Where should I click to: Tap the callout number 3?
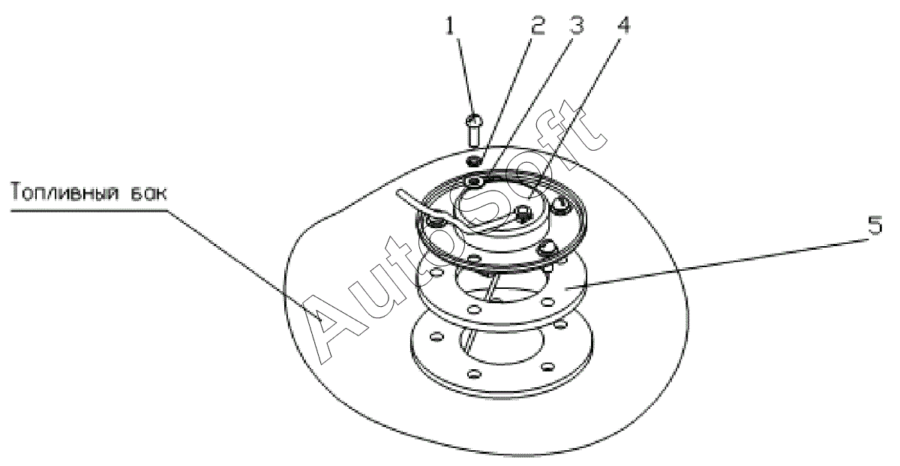(575, 25)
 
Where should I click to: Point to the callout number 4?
(622, 25)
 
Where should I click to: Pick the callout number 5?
(874, 225)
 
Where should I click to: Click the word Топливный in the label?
(64, 192)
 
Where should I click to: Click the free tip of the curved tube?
(399, 194)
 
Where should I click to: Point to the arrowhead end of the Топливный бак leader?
(322, 320)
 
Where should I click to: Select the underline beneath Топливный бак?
(88, 210)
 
